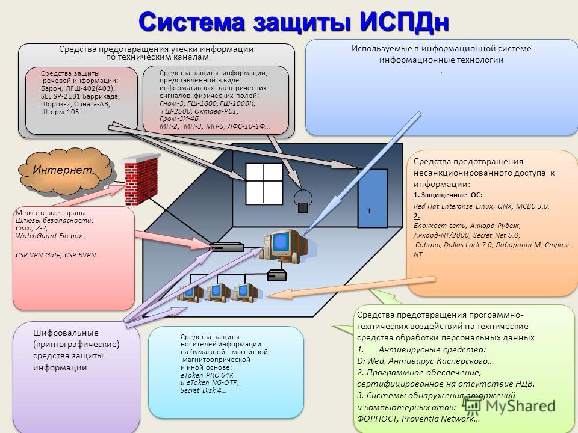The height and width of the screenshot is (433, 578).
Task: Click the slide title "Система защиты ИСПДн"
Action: [x=294, y=22]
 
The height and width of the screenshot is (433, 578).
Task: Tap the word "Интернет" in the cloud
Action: [x=62, y=170]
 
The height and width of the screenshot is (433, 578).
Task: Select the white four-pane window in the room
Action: [x=264, y=183]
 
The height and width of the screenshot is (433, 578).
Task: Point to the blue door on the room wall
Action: [x=373, y=198]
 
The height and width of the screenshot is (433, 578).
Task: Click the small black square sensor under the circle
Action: [x=303, y=207]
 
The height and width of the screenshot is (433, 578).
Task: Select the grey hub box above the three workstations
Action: [x=277, y=275]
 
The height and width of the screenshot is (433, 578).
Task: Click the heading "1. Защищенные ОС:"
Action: [x=448, y=195]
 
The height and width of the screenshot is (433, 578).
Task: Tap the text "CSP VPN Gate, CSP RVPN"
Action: [x=58, y=255]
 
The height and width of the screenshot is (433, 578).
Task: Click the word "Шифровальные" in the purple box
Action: [x=66, y=333]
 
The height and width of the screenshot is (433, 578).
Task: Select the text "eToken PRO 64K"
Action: [x=207, y=375]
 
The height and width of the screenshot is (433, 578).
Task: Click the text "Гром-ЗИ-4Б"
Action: [x=179, y=118]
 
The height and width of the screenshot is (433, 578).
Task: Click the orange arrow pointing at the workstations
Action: [x=350, y=287]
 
